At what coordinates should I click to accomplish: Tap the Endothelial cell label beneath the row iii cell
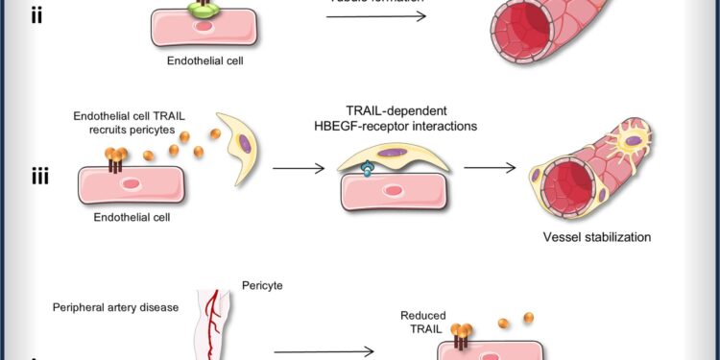point(132,216)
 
